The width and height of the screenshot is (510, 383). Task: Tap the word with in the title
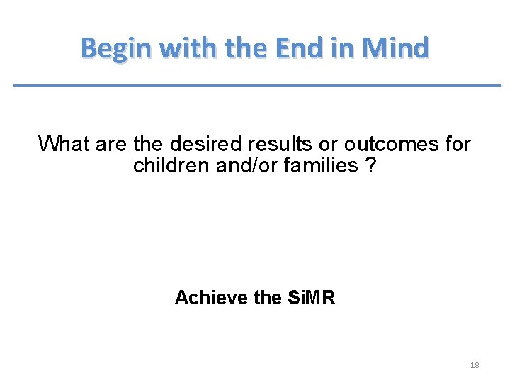pyautogui.click(x=184, y=49)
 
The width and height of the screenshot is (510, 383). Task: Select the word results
pyautogui.click(x=281, y=145)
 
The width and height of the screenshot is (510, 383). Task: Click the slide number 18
pyautogui.click(x=475, y=365)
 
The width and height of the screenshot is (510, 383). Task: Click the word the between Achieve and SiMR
pyautogui.click(x=267, y=298)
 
